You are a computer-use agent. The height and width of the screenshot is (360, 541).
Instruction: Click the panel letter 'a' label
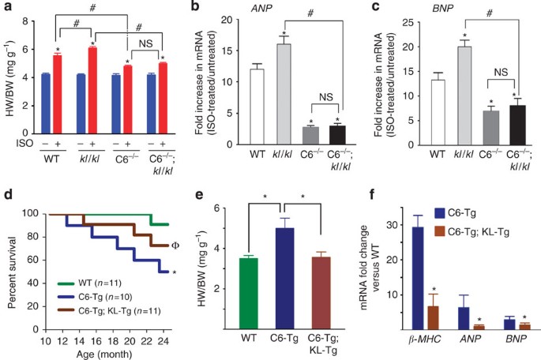click(x=6, y=8)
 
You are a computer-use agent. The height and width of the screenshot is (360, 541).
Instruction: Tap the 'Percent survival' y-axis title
click(x=8, y=269)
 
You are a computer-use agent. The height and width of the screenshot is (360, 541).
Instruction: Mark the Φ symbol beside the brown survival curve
click(x=197, y=246)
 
